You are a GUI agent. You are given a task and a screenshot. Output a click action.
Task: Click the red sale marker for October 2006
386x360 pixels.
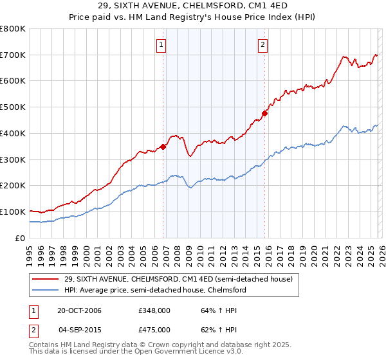coord(163,147)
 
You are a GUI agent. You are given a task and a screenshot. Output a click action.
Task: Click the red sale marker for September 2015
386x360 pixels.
coord(264,114)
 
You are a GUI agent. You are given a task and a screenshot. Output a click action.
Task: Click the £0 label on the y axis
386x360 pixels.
coord(21,238)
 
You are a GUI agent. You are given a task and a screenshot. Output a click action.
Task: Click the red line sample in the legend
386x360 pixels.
coord(46,279)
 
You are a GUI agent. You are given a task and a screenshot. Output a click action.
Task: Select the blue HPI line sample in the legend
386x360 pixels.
coord(46,290)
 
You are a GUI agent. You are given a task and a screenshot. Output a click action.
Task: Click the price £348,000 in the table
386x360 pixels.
coord(154,310)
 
